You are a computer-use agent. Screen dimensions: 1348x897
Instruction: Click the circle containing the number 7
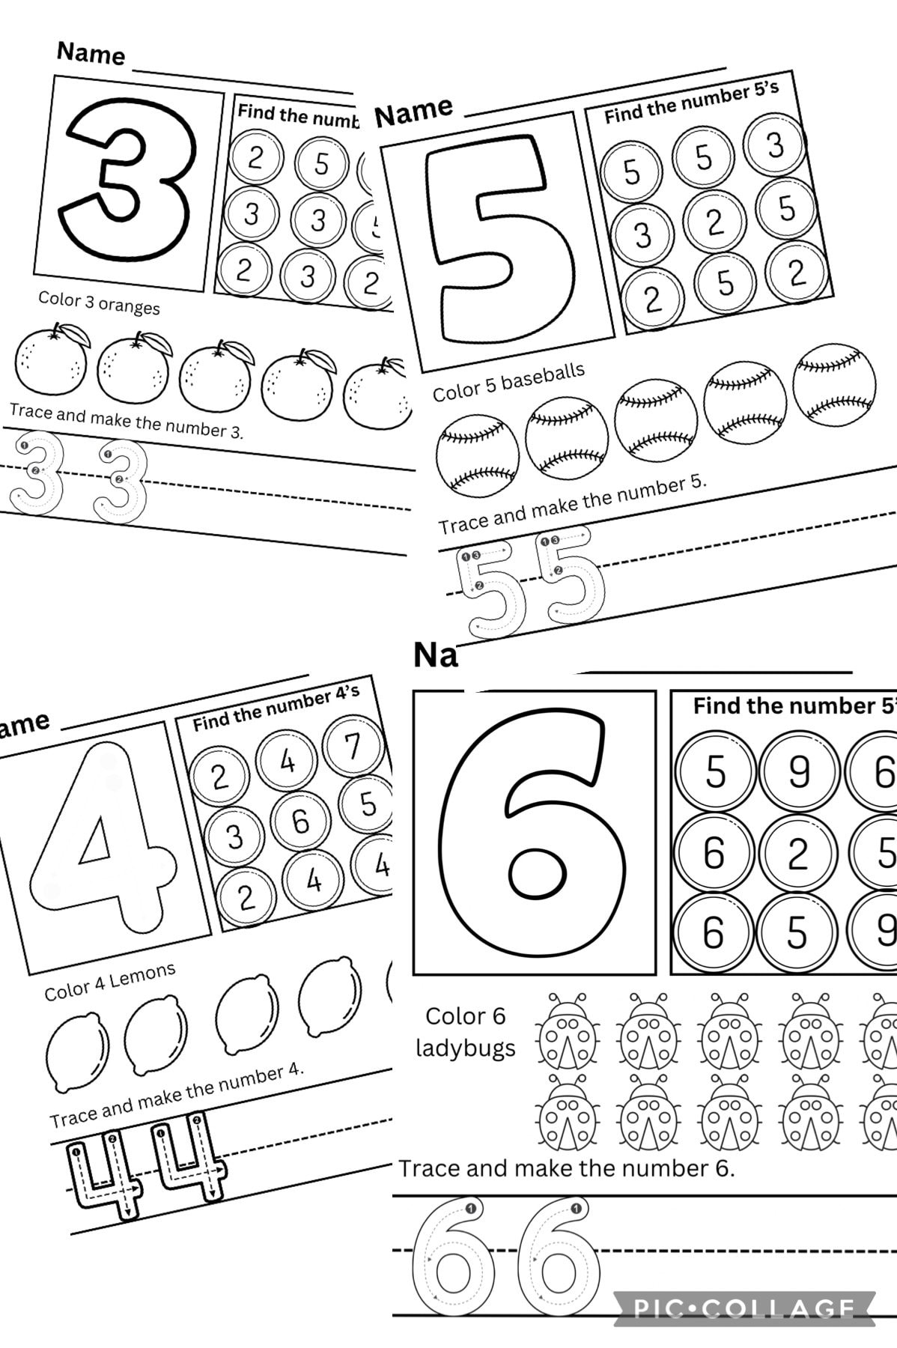352,746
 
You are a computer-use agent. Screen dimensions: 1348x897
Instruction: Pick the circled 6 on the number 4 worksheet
300,821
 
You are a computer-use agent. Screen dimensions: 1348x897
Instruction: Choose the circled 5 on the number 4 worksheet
367,804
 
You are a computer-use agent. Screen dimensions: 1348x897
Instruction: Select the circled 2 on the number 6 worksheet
797,853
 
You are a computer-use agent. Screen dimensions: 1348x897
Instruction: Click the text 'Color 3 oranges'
99,303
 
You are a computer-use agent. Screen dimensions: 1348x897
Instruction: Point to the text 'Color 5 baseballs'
508,383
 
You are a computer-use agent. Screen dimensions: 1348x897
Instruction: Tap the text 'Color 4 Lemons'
110,981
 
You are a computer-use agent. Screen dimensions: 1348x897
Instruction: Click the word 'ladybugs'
466,1048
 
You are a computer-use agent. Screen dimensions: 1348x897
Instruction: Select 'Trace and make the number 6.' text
566,1168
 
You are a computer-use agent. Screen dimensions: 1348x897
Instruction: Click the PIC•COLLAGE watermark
744,1308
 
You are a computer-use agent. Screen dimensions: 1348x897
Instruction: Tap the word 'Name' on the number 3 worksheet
91,53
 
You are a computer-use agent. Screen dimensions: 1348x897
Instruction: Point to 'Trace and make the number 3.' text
126,421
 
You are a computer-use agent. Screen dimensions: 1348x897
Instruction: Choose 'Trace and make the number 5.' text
572,506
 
